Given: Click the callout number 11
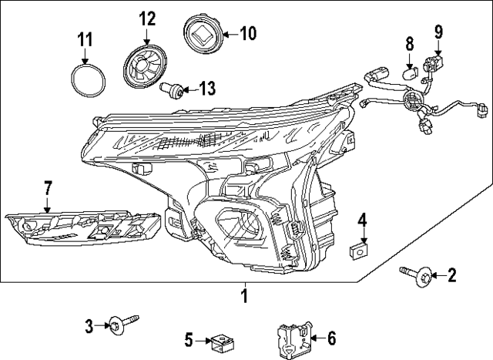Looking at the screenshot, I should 85,39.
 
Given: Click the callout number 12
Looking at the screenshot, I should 146,18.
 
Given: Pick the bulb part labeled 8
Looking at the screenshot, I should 410,75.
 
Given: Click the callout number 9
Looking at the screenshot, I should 438,32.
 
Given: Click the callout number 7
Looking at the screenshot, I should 47,187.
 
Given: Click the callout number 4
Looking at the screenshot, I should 361,222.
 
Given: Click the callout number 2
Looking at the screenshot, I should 452,274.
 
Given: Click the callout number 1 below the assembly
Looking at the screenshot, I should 244,295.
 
